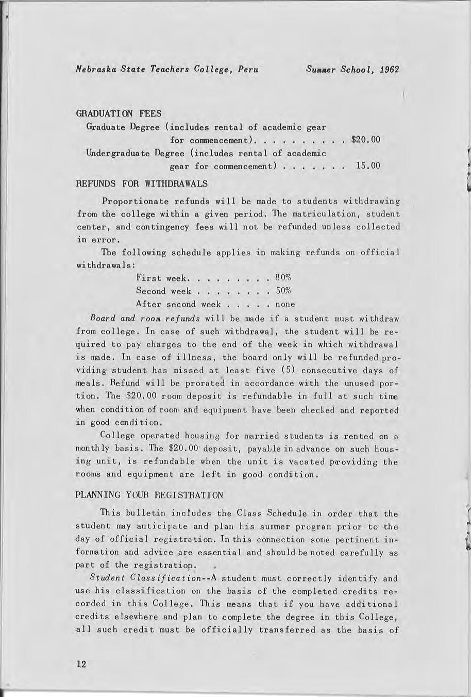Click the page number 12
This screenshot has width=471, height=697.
pyautogui.click(x=80, y=664)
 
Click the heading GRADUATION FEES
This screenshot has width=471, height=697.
pyautogui.click(x=119, y=113)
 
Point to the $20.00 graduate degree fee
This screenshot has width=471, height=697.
pyautogui.click(x=365, y=140)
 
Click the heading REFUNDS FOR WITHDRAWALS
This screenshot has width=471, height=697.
pyautogui.click(x=142, y=184)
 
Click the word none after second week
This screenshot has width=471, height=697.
pyautogui.click(x=285, y=304)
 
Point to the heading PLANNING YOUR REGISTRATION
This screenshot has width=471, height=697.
pyautogui.click(x=149, y=495)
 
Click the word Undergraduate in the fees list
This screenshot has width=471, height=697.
pyautogui.click(x=118, y=153)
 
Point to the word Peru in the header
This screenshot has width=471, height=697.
pyautogui.click(x=247, y=70)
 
